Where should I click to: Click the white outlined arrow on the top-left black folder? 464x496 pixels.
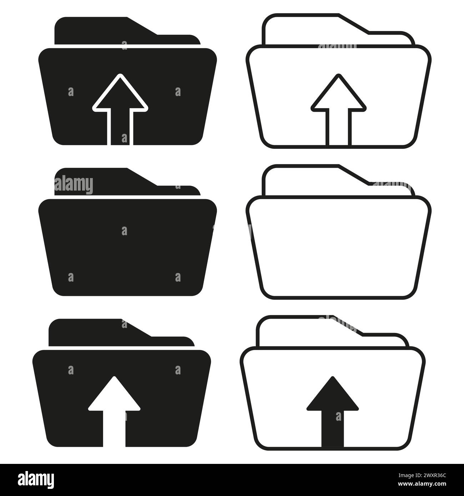point(120,107)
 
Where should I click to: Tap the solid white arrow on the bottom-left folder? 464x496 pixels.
point(114,410)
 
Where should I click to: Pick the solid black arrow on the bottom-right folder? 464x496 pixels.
point(332,410)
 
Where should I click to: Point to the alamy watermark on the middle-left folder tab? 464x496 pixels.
point(74,185)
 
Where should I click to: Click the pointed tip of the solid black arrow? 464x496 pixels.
point(332,378)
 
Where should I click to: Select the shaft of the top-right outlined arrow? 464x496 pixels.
point(338,128)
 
